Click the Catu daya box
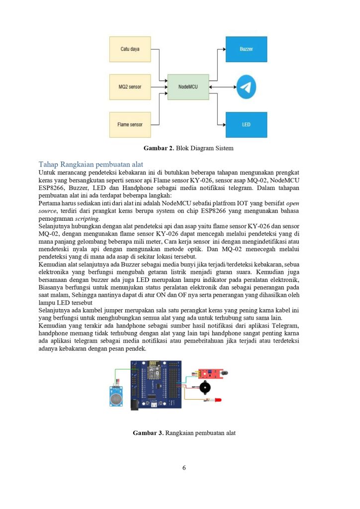tap(130, 49)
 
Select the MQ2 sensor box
tap(130, 87)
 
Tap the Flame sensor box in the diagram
tap(130, 125)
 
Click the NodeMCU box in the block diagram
tap(188, 87)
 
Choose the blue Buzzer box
tap(246, 49)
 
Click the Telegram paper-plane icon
tap(246, 87)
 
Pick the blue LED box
tap(246, 125)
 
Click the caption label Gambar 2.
tap(158, 148)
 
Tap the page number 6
tap(184, 467)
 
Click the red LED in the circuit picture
tap(217, 400)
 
